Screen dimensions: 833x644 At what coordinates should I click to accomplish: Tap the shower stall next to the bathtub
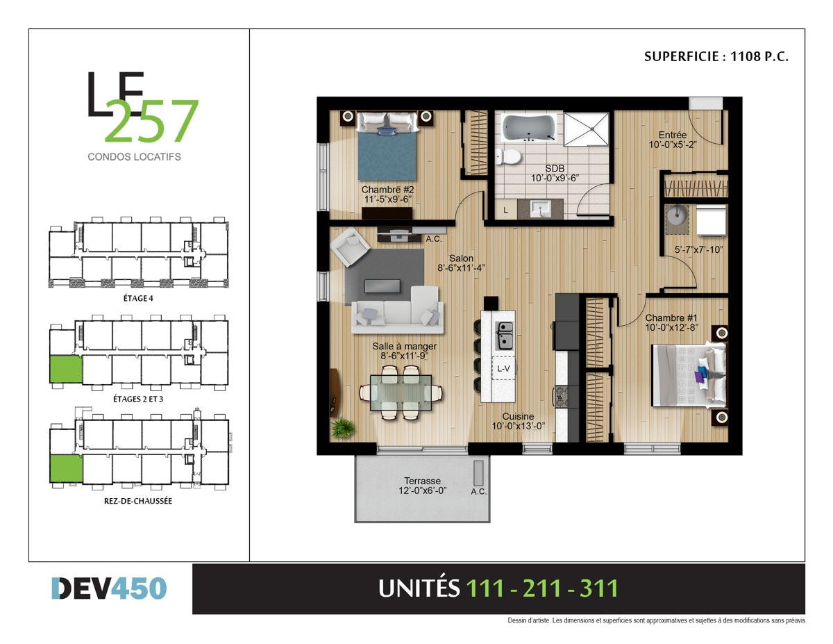(x=586, y=129)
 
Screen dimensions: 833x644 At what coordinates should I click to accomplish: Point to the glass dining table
(x=401, y=393)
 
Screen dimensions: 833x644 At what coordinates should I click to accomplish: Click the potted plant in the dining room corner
(x=342, y=427)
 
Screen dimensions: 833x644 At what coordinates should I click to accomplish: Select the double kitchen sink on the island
(x=505, y=336)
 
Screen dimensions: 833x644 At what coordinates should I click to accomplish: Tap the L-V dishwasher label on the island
(x=503, y=369)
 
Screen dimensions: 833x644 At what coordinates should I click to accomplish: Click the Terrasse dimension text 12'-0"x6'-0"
(x=423, y=490)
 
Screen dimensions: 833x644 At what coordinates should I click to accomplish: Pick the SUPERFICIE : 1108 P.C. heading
(x=716, y=57)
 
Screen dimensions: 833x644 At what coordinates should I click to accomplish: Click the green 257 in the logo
(x=152, y=121)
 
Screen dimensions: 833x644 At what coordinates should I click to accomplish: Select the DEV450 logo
(x=109, y=588)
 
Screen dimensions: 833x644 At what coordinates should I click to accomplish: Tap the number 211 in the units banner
(x=541, y=588)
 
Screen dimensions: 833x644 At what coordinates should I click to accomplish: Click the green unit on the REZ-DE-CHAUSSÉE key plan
(x=67, y=468)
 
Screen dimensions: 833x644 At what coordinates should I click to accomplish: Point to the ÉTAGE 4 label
(x=138, y=298)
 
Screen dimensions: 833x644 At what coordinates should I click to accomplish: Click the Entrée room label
(x=673, y=135)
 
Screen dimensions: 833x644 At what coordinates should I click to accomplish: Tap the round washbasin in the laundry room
(x=677, y=216)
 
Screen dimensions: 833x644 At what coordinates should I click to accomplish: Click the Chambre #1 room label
(x=671, y=317)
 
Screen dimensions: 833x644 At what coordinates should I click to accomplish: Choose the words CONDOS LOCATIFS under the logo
(x=134, y=157)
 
